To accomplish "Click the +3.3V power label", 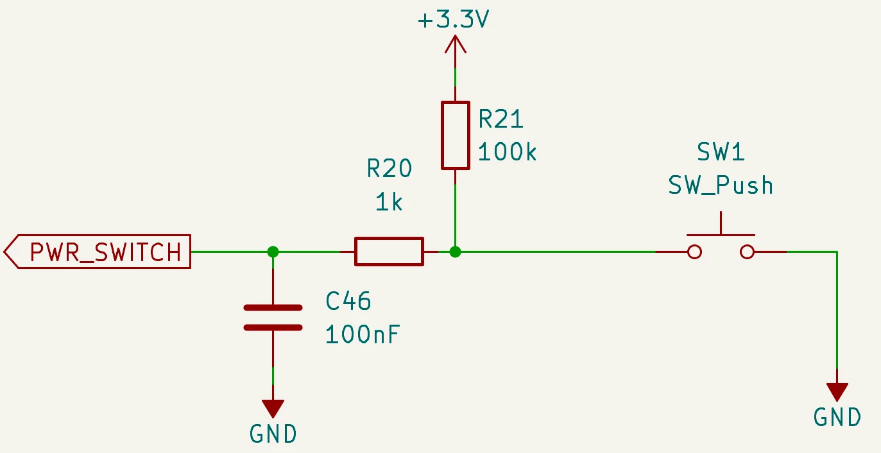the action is click(x=453, y=19).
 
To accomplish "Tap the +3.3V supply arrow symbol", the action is click(x=456, y=44).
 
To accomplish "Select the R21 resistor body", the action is click(x=456, y=135).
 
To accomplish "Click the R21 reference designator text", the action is click(x=500, y=119).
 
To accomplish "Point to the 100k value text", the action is click(x=507, y=151).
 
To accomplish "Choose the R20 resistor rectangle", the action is click(x=389, y=252).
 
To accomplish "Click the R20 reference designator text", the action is click(x=389, y=168).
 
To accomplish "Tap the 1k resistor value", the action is click(x=389, y=202).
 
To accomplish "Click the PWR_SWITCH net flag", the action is click(x=97, y=252).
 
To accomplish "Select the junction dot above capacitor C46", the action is click(x=273, y=252).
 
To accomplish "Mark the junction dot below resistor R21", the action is click(x=455, y=252).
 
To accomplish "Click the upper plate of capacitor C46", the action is click(x=273, y=307).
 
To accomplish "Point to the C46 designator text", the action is click(x=348, y=301).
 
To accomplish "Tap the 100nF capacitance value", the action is click(x=363, y=335).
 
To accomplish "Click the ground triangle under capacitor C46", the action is click(x=273, y=409).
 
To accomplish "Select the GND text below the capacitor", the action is click(x=273, y=434).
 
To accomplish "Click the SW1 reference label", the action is click(x=721, y=152).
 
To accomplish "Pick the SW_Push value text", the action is click(x=721, y=185).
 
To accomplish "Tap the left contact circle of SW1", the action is click(x=694, y=252).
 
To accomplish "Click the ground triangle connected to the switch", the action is click(x=837, y=392).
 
